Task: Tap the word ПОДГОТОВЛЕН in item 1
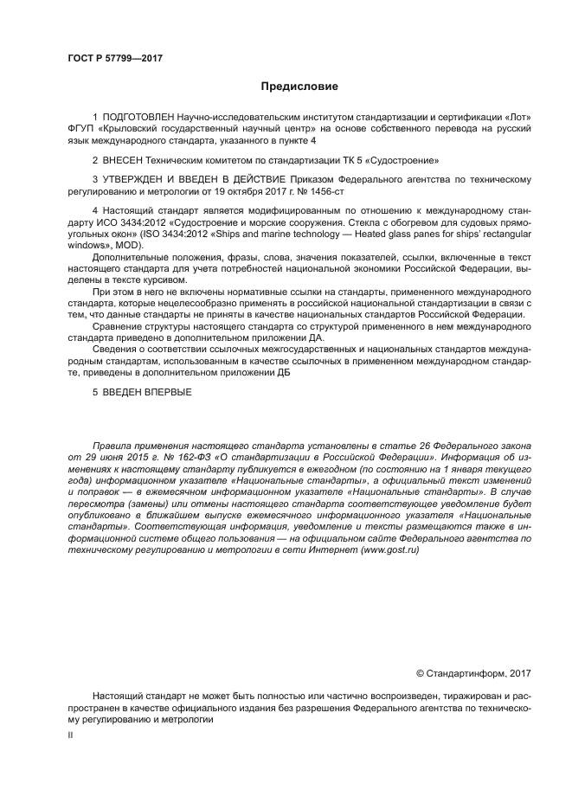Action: point(138,117)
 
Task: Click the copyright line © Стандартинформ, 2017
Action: point(473,672)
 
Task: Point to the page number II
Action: point(71,735)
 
